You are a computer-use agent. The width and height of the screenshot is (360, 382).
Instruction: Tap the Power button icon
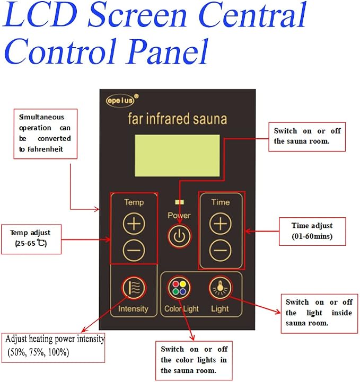point(179,236)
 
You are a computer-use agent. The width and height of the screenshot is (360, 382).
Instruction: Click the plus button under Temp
point(134,224)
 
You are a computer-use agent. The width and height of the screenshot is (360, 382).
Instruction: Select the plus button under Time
point(221,224)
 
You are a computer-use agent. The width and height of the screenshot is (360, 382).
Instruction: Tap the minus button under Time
point(221,251)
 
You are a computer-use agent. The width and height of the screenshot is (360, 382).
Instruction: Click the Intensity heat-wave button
point(134,288)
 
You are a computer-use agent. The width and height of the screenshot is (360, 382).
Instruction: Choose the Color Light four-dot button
point(179,288)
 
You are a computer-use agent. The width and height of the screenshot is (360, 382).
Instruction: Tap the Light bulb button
point(221,288)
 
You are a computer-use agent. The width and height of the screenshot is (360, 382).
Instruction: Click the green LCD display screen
point(177,156)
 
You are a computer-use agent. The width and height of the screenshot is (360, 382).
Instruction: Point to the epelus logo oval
point(120,100)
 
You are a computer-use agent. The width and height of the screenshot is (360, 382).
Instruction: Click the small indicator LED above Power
point(179,202)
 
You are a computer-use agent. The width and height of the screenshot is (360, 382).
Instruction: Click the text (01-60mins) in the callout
point(312,236)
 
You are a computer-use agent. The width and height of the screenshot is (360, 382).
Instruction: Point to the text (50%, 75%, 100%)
point(38,352)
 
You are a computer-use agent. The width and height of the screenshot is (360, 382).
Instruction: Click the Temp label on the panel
point(134,202)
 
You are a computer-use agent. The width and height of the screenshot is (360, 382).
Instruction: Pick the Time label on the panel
point(221,202)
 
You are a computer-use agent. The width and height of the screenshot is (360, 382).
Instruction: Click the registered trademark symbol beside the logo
point(136,96)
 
